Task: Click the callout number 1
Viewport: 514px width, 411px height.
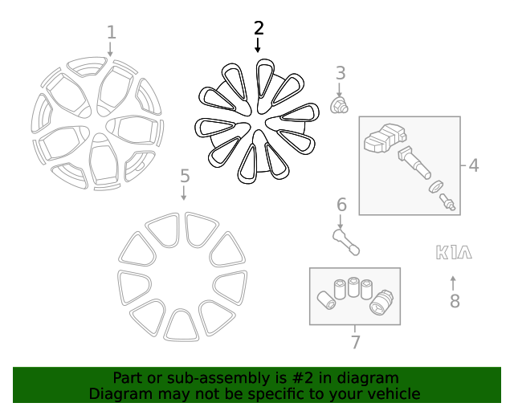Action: [112, 33]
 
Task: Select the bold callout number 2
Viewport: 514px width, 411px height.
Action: [259, 28]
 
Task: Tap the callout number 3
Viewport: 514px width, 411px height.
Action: [341, 73]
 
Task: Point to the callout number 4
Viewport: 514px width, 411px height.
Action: [474, 165]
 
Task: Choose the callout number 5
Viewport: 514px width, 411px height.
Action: [185, 176]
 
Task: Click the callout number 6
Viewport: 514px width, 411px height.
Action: [341, 205]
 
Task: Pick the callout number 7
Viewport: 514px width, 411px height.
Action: [356, 342]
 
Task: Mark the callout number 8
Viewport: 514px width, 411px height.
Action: [455, 301]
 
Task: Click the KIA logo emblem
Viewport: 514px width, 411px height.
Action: [454, 252]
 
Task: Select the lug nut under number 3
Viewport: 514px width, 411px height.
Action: [339, 105]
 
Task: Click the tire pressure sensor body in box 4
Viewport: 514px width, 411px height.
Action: [385, 138]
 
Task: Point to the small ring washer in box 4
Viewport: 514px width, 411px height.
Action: [436, 186]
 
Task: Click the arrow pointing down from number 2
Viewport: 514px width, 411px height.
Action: [258, 45]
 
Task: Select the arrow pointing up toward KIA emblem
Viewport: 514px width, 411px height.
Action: [453, 283]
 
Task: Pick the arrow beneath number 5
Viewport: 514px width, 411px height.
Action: [184, 193]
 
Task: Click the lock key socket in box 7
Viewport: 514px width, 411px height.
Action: [381, 303]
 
